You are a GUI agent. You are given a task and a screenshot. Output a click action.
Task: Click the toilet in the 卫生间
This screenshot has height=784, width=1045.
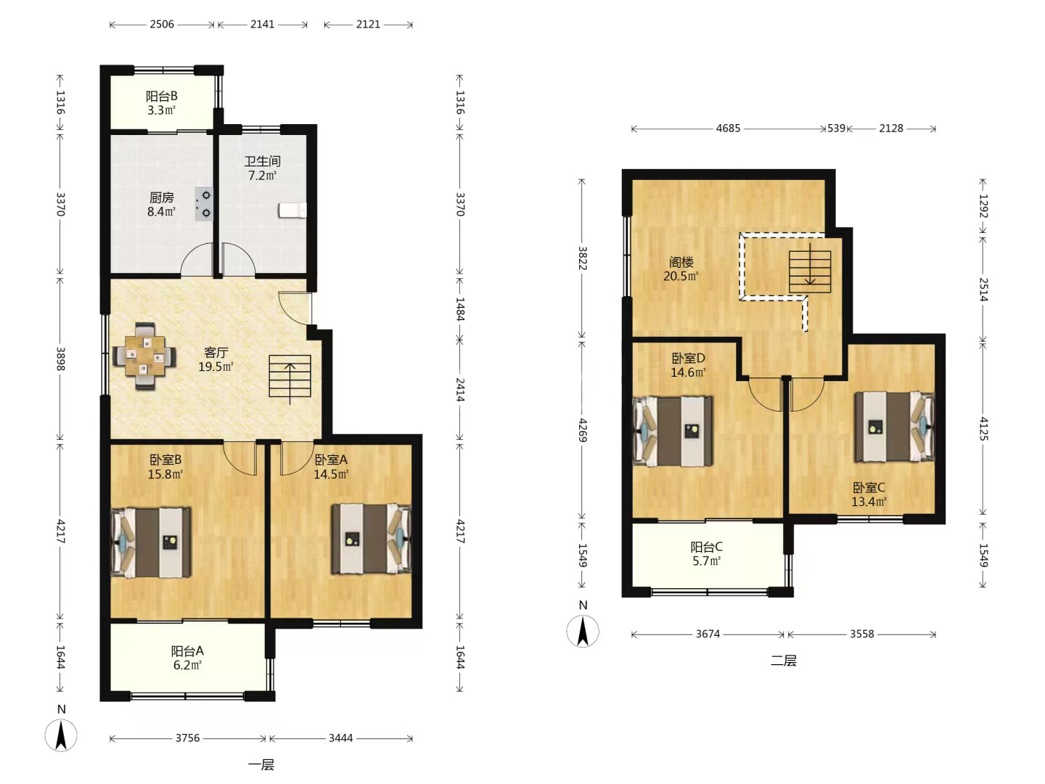click(292, 211)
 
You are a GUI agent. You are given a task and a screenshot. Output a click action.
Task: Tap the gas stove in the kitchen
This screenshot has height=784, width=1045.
click(204, 204)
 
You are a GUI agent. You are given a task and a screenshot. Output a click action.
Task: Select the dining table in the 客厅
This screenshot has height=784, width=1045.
click(144, 356)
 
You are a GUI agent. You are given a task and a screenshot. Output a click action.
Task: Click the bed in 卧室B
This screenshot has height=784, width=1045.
click(152, 542)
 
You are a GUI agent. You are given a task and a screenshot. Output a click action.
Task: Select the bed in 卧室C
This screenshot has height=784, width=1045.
click(895, 427)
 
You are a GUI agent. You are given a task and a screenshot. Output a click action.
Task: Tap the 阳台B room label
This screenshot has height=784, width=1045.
click(161, 96)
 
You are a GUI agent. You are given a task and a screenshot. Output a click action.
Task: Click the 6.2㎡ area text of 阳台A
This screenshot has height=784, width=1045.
click(187, 665)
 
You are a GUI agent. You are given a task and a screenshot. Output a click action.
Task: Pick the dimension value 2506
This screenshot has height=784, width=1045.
click(162, 24)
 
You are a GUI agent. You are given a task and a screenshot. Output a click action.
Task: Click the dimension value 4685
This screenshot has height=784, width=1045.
click(728, 128)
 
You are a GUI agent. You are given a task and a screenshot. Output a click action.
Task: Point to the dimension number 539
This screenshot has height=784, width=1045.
click(836, 128)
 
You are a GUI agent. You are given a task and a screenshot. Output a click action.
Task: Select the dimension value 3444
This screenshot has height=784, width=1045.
click(341, 738)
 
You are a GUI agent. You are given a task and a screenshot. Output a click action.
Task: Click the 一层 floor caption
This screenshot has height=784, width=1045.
click(261, 765)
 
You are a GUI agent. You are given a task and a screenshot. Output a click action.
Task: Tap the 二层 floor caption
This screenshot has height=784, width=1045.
click(783, 661)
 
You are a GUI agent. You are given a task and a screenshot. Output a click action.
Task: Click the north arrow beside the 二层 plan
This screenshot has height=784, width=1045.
click(583, 631)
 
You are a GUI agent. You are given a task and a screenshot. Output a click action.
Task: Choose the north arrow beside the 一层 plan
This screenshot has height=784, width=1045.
click(61, 735)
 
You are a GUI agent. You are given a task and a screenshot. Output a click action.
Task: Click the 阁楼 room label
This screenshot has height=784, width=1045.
click(681, 262)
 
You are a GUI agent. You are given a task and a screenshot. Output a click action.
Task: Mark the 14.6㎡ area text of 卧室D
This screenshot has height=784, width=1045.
click(688, 372)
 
